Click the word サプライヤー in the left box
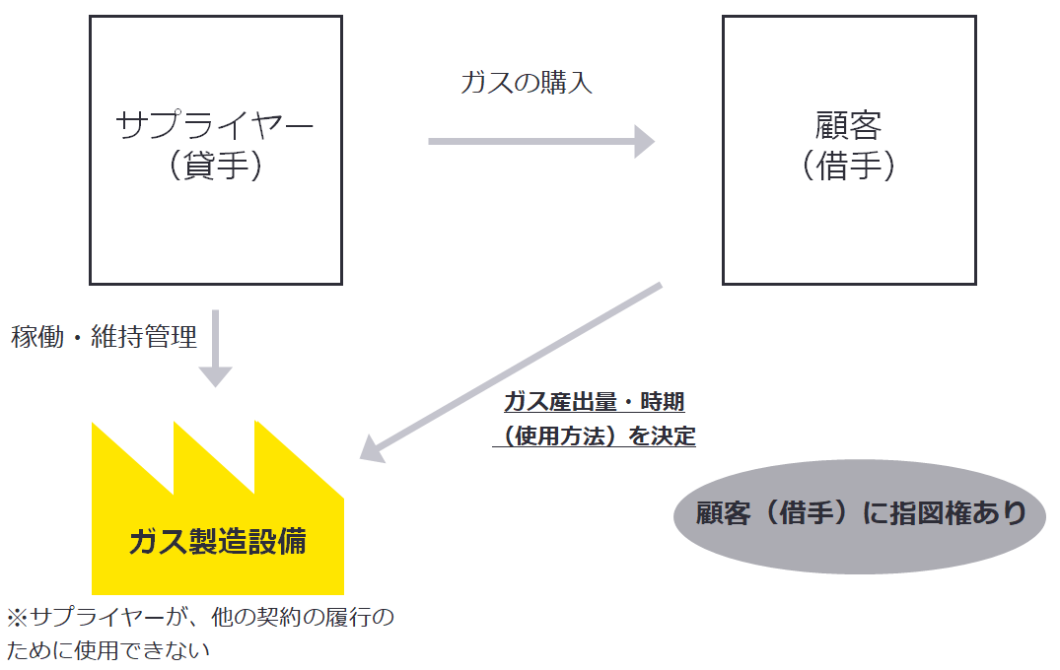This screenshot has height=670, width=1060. (x=215, y=125)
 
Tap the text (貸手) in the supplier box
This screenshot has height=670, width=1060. (x=215, y=166)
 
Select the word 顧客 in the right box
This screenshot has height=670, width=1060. (x=849, y=125)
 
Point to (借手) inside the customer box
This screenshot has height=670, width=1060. (x=849, y=166)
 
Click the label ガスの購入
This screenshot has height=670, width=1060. (x=527, y=83)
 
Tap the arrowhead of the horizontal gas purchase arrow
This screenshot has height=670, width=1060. (x=644, y=141)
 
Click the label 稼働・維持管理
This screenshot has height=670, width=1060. (x=105, y=337)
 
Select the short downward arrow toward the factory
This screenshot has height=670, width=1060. (x=215, y=350)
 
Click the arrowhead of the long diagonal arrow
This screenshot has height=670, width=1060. (x=371, y=449)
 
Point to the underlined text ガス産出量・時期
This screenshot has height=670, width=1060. (x=594, y=402)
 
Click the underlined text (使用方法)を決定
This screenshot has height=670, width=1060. (x=594, y=435)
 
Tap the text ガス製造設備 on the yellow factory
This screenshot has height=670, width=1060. (x=217, y=542)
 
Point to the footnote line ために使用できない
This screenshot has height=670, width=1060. (x=108, y=650)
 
